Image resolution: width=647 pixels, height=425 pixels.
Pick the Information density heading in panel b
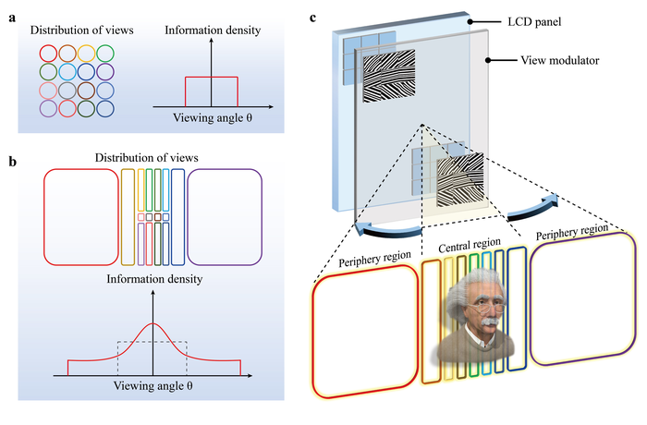click(153, 277)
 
